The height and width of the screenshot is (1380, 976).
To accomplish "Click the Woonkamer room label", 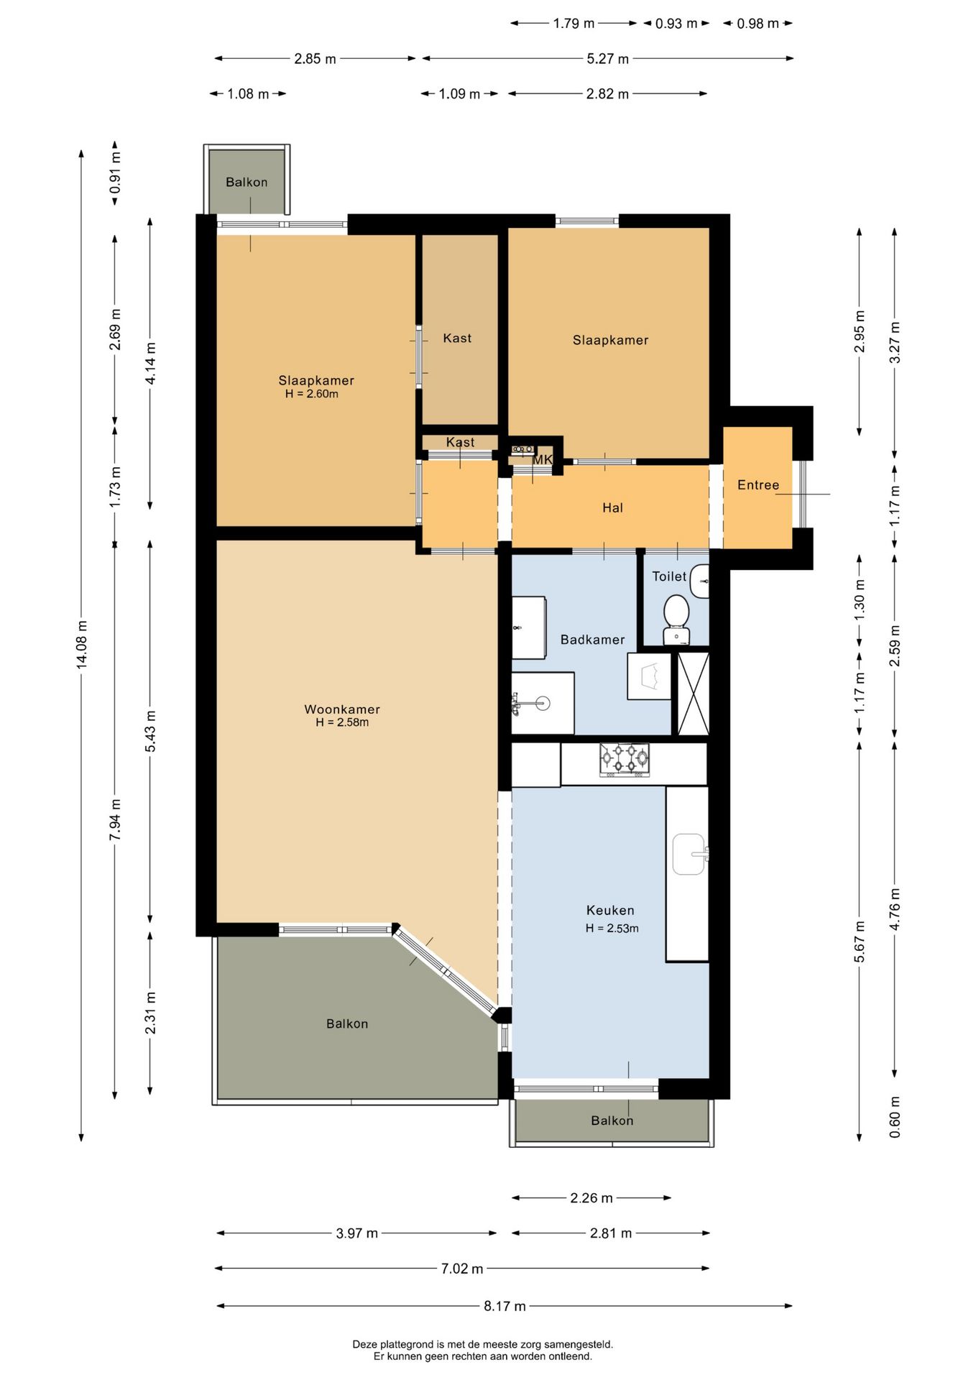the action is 342,709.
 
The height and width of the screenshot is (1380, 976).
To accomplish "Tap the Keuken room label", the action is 610,911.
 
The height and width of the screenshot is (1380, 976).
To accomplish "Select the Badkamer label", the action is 592,640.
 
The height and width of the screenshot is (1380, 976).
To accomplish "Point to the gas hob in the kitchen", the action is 625,760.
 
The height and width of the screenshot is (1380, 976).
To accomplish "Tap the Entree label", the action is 758,485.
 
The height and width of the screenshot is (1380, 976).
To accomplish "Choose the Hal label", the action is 612,508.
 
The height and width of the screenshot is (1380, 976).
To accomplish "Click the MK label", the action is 543,459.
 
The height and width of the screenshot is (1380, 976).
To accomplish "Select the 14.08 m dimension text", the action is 82,645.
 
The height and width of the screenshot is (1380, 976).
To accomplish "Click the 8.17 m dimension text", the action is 505,1306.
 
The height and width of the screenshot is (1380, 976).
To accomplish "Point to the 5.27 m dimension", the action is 608,59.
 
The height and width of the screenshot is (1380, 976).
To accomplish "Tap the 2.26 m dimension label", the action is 591,1198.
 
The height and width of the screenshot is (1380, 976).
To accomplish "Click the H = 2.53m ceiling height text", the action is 612,929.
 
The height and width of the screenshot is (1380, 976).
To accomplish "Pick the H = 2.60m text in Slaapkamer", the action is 312,394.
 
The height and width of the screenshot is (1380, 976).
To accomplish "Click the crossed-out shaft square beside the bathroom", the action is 694,694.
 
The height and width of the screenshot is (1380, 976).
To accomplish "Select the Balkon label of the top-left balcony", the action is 247,183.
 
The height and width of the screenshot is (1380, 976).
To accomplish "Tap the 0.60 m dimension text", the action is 895,1117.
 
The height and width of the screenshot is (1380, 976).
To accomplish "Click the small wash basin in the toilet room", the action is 699,581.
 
